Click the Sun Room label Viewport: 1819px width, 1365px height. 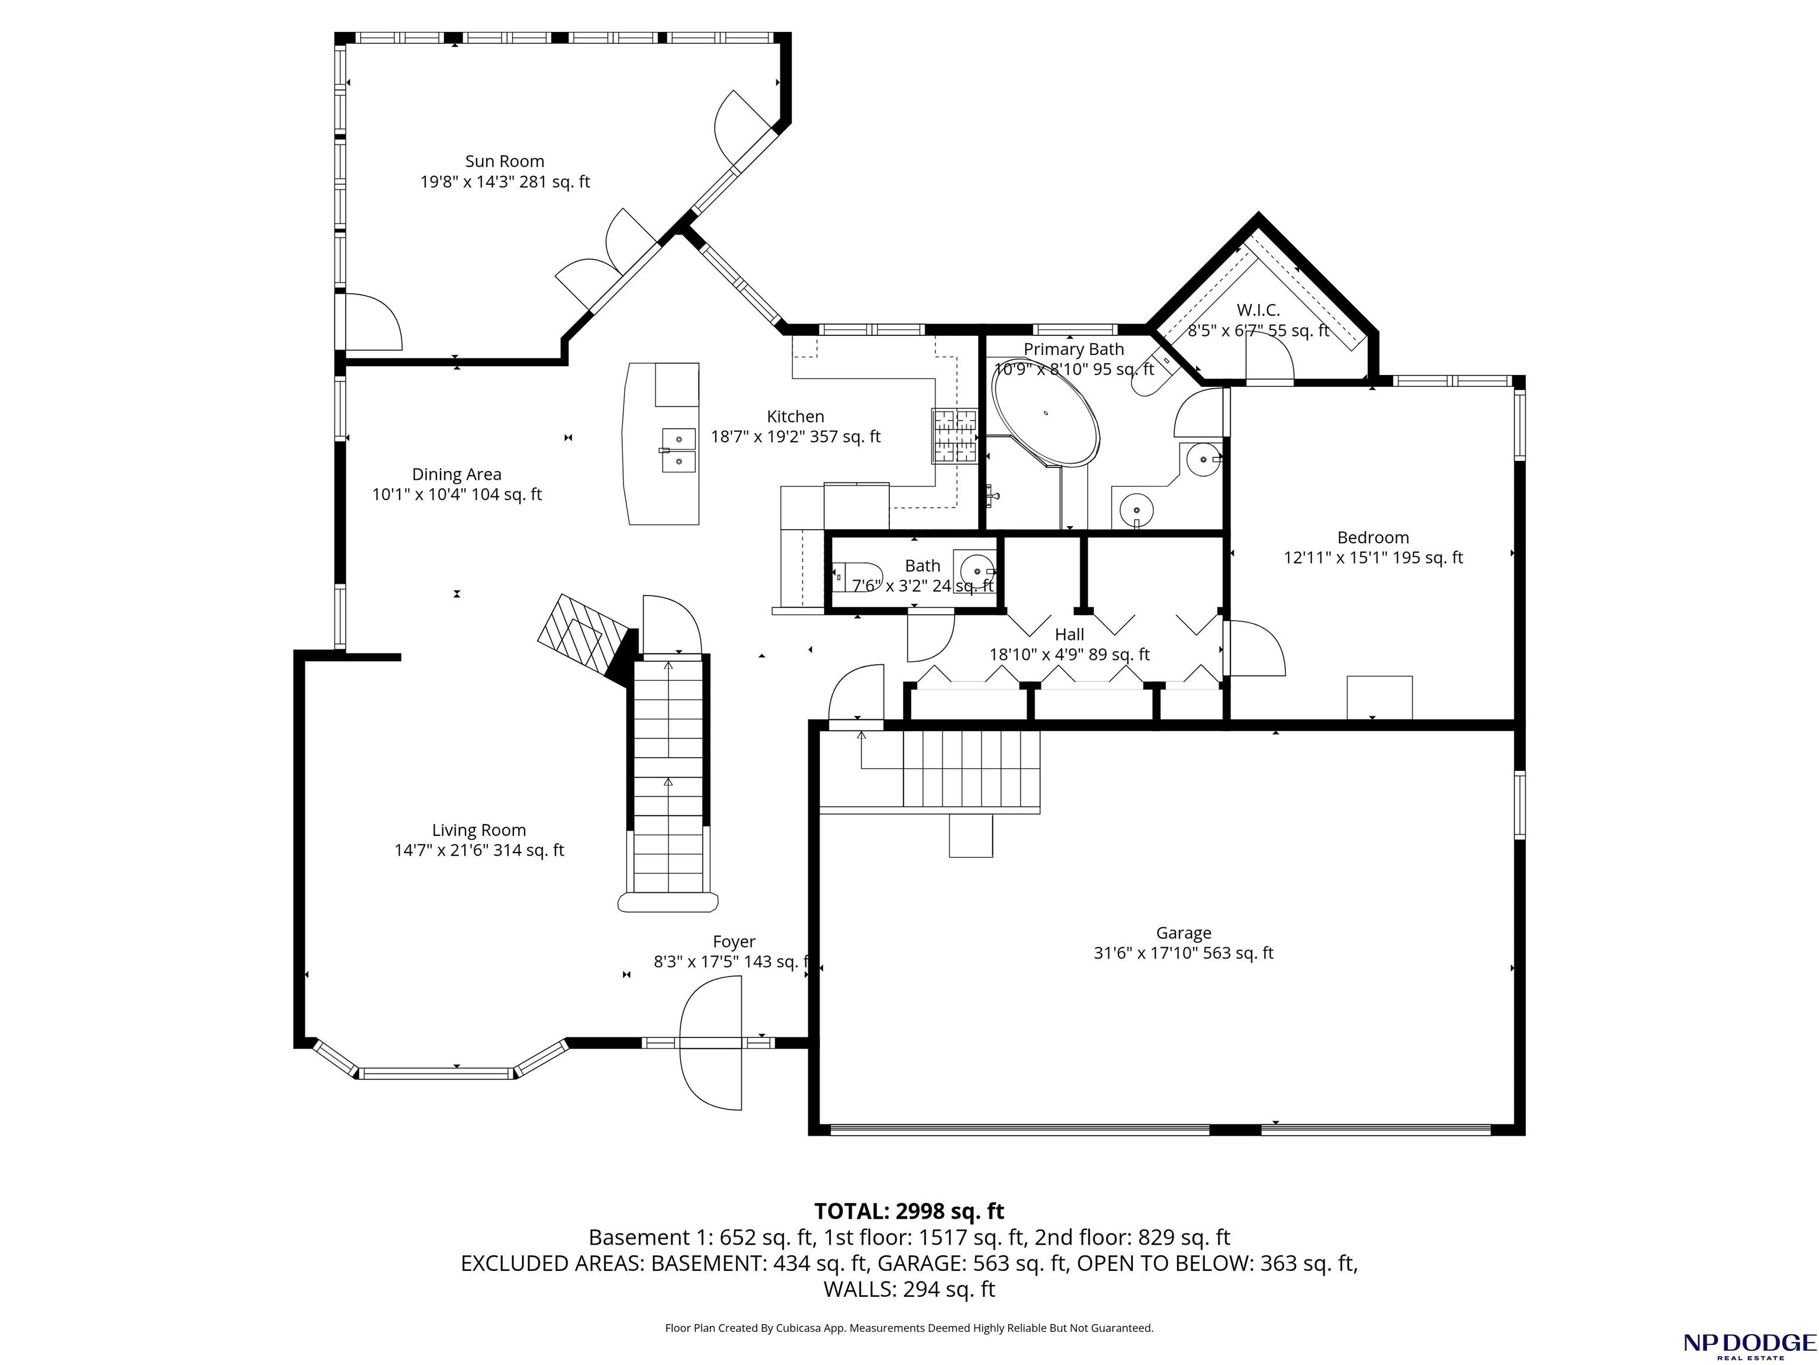click(505, 161)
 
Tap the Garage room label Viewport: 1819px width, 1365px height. click(1183, 933)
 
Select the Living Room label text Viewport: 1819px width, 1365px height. click(478, 830)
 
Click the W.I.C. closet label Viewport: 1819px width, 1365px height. click(1258, 310)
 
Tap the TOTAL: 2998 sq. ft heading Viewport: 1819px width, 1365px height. click(909, 1211)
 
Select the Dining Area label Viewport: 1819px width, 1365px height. click(457, 474)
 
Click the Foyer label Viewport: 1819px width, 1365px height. click(734, 941)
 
